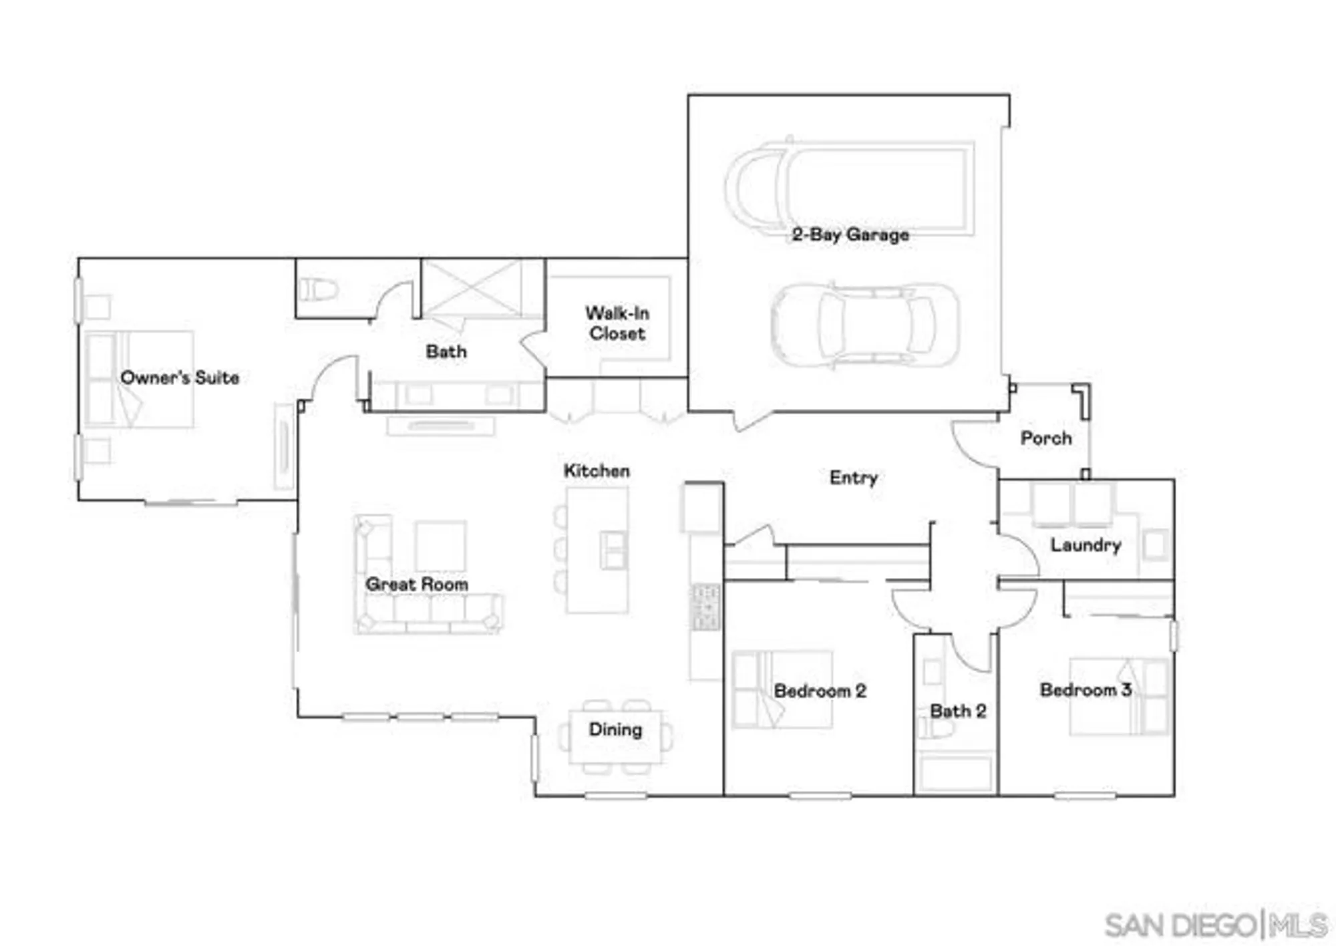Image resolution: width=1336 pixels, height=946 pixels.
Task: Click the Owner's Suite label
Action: pyautogui.click(x=179, y=377)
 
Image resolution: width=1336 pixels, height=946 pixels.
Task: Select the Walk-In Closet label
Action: pyautogui.click(x=617, y=323)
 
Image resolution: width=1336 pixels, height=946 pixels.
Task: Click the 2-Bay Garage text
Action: pyautogui.click(x=850, y=234)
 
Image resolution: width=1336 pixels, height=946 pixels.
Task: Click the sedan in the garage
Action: pyautogui.click(x=864, y=325)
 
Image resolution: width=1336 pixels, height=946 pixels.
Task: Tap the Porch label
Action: pyautogui.click(x=1045, y=438)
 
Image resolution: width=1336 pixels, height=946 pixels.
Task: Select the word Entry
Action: pyautogui.click(x=853, y=478)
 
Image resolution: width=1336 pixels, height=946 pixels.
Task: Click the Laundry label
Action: pyautogui.click(x=1085, y=544)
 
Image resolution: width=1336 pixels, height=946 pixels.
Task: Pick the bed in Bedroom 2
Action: pyautogui.click(x=782, y=689)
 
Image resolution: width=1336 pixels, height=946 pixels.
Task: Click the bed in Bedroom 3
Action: pyautogui.click(x=1119, y=696)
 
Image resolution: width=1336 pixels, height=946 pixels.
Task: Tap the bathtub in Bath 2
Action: pyautogui.click(x=955, y=773)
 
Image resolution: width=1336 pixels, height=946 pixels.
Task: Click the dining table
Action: pyautogui.click(x=615, y=737)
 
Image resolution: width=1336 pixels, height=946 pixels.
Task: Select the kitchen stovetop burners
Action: pyautogui.click(x=706, y=607)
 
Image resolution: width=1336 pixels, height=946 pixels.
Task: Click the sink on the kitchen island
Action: pyautogui.click(x=613, y=550)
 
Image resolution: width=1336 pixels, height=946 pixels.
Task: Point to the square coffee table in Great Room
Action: pyautogui.click(x=440, y=545)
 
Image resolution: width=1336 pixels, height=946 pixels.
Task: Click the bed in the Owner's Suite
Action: pyautogui.click(x=140, y=379)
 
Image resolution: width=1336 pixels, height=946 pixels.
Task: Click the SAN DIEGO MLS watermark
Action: pyautogui.click(x=1215, y=925)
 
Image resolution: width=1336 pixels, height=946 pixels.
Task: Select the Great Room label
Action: pyautogui.click(x=416, y=584)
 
